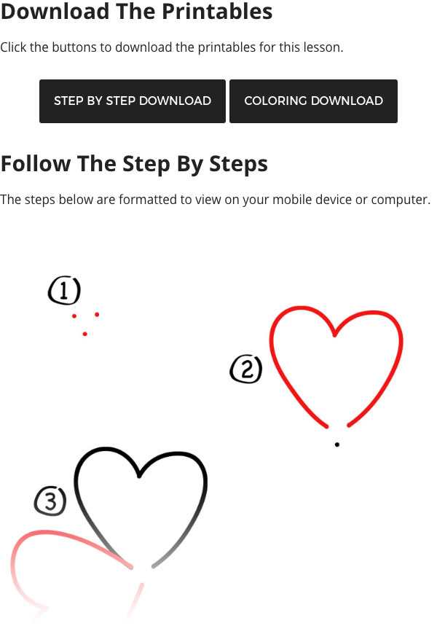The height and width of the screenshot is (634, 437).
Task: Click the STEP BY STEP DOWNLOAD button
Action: tap(133, 101)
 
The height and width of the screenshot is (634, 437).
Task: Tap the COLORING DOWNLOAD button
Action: tap(313, 101)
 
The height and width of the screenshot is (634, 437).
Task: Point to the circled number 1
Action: tap(64, 291)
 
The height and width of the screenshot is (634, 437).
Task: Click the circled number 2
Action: tap(246, 369)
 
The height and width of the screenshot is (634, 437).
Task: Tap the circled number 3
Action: tap(50, 501)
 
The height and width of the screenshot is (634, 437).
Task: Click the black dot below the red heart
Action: tap(337, 444)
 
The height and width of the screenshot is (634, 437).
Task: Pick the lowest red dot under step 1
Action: tap(85, 334)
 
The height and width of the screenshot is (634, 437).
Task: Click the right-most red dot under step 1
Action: tap(97, 314)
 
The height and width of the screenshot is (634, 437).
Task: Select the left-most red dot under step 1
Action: tap(74, 316)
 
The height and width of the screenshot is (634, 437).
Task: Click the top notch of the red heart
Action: tap(335, 336)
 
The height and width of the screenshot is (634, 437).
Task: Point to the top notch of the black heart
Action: tap(139, 477)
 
